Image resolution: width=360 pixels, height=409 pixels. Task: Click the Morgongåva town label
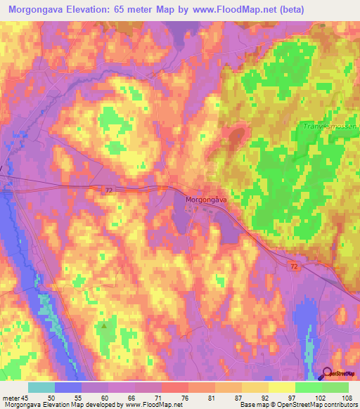pyautogui.click(x=206, y=200)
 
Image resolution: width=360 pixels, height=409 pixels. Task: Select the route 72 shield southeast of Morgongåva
pyautogui.click(x=293, y=265)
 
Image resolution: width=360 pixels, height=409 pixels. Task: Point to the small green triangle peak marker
pyautogui.click(x=105, y=325)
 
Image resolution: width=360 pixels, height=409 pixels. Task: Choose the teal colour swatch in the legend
pyautogui.click(x=41, y=387)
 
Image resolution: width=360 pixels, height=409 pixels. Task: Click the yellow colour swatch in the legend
pyautogui.click(x=282, y=387)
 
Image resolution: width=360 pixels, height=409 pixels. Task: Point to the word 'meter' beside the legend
pyautogui.click(x=11, y=397)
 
